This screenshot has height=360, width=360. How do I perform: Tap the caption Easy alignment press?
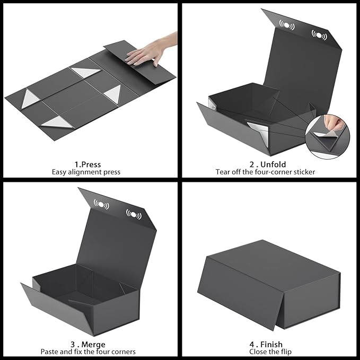(x=86, y=172)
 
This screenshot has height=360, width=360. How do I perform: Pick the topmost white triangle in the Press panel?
(x=86, y=73)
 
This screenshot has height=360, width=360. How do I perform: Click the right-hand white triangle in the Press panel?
(x=113, y=94)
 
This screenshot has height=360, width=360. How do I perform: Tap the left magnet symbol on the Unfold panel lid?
(x=287, y=25)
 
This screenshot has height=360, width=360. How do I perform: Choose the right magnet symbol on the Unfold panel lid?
(x=319, y=35)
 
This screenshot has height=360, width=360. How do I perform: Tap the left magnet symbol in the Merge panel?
(x=101, y=204)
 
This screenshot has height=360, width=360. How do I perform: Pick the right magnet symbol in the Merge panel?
(x=134, y=214)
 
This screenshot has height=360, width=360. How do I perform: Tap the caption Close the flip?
(x=268, y=352)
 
